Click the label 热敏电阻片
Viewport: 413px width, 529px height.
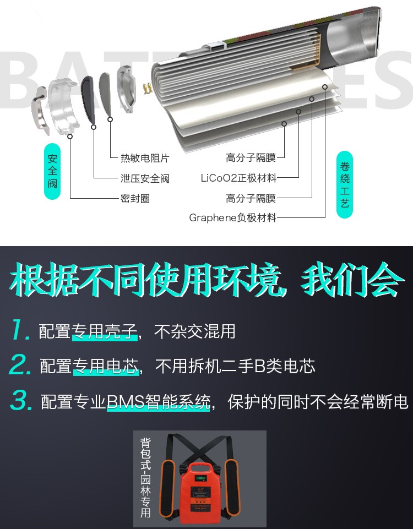tap(145, 158)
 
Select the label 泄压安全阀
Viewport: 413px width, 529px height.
tap(145, 178)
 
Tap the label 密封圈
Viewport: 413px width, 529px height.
tap(135, 198)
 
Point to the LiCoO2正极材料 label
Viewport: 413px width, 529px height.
tap(238, 178)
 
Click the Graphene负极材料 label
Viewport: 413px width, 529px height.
tap(232, 217)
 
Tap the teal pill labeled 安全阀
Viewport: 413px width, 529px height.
tap(52, 171)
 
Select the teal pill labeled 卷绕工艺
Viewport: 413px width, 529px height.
tap(345, 184)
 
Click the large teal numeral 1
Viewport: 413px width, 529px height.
tap(20, 330)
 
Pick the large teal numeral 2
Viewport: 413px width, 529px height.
tap(20, 364)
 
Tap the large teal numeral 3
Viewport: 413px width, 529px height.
tap(21, 400)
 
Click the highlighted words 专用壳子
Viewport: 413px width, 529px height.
tap(105, 331)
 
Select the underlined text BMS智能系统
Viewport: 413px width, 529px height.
tap(159, 402)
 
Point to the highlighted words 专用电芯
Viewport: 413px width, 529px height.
tap(106, 367)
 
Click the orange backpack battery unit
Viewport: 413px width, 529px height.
tap(199, 493)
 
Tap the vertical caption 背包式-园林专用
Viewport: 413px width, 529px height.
tap(145, 477)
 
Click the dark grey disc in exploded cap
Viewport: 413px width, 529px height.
tap(89, 100)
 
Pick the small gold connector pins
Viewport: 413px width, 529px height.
tap(147, 89)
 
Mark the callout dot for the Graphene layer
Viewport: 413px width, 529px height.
tap(324, 87)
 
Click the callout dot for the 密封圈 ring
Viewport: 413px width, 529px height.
tap(70, 137)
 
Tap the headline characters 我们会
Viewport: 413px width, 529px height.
tap(352, 281)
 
